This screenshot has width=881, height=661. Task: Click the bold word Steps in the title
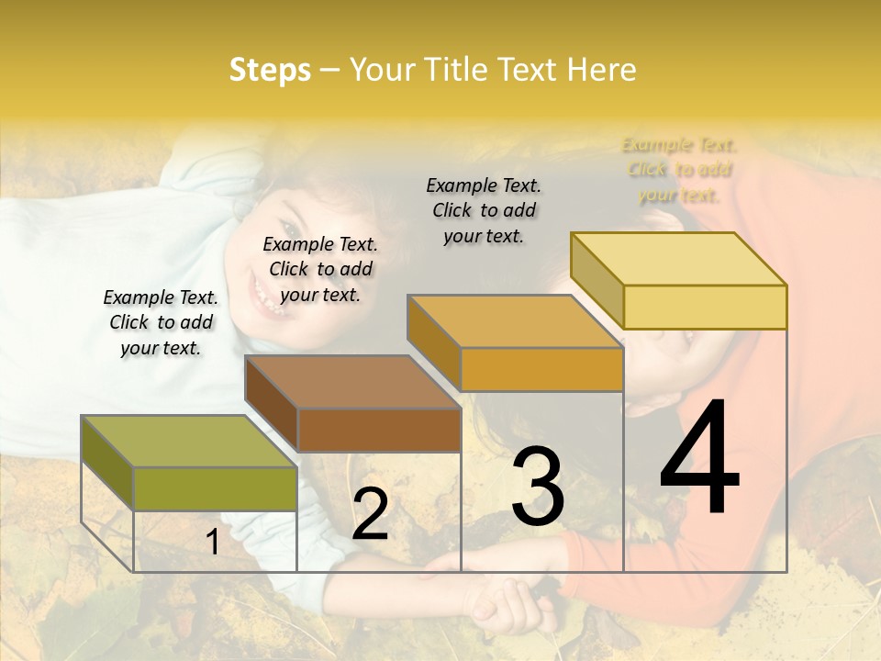click(270, 70)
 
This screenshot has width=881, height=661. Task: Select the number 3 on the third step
click(537, 487)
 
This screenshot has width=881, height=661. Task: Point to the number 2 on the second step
click(370, 514)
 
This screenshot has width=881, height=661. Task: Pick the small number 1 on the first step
click(213, 542)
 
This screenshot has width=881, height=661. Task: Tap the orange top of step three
click(514, 321)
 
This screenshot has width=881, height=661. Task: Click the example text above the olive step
click(161, 322)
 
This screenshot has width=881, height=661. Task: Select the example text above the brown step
click(320, 269)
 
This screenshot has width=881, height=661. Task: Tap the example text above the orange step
click(484, 210)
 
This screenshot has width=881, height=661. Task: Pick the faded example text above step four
click(679, 170)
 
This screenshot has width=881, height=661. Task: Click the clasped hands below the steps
click(500, 601)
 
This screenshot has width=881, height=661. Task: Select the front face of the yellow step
click(705, 307)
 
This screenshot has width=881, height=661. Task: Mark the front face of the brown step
click(378, 430)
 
